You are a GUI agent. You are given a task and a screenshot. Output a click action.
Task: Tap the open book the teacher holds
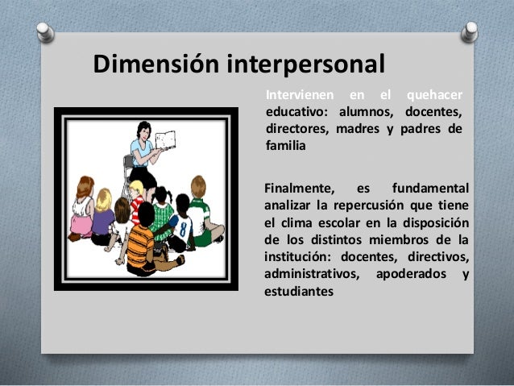165,140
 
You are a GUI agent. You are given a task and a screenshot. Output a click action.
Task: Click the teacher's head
144,129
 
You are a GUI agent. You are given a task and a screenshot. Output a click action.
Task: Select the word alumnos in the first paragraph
360,112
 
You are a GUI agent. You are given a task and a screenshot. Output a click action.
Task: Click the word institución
299,257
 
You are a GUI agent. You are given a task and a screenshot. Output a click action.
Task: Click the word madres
360,129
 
